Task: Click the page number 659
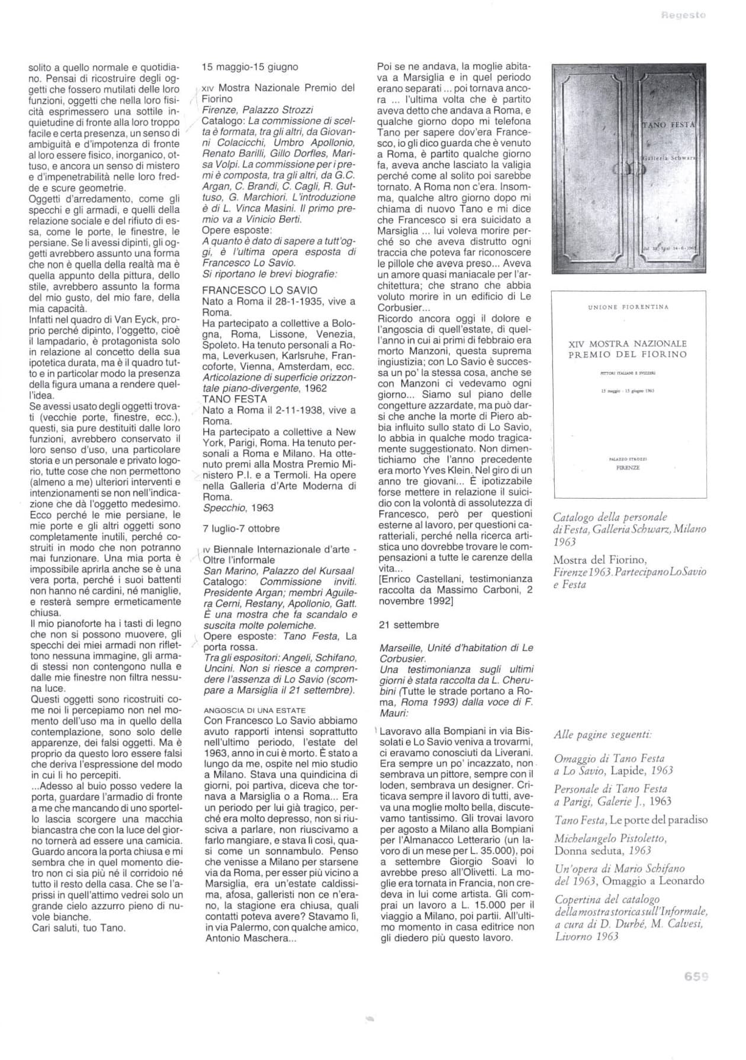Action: (696, 977)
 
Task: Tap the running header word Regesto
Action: (684, 15)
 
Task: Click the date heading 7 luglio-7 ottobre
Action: (241, 528)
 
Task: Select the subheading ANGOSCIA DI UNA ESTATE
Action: (255, 710)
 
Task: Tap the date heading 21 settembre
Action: (409, 625)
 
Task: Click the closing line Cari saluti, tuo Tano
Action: (79, 927)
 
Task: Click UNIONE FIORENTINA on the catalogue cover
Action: (628, 307)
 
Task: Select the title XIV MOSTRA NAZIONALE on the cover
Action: (628, 344)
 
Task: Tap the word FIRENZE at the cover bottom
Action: (628, 467)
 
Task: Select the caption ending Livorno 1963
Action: (587, 936)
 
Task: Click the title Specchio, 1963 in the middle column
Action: (238, 508)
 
